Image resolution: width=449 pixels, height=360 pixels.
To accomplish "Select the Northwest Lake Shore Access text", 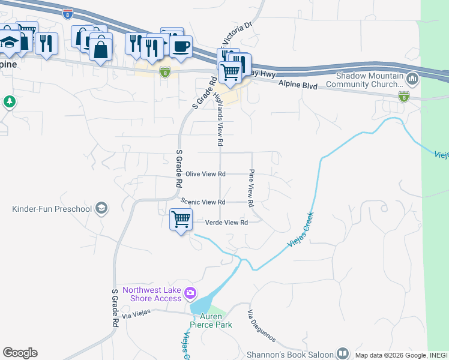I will point(152,294).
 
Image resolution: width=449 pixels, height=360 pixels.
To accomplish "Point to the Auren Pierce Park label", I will point(206,320).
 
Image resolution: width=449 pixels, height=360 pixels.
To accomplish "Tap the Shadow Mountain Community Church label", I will point(369,80).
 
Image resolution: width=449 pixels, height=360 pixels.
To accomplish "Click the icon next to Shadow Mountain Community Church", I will point(412,79).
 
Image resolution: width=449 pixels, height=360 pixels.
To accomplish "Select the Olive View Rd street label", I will point(205,174).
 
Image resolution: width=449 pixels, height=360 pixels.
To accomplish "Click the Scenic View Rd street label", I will point(203,202).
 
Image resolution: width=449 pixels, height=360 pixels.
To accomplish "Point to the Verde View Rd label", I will point(226,223).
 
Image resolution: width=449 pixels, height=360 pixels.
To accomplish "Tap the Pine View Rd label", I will point(252,184).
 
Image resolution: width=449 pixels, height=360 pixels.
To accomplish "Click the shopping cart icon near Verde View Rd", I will point(181,220).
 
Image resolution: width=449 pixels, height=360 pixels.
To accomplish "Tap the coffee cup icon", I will point(181,46).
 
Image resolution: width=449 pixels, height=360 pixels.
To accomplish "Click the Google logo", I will point(20,353).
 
